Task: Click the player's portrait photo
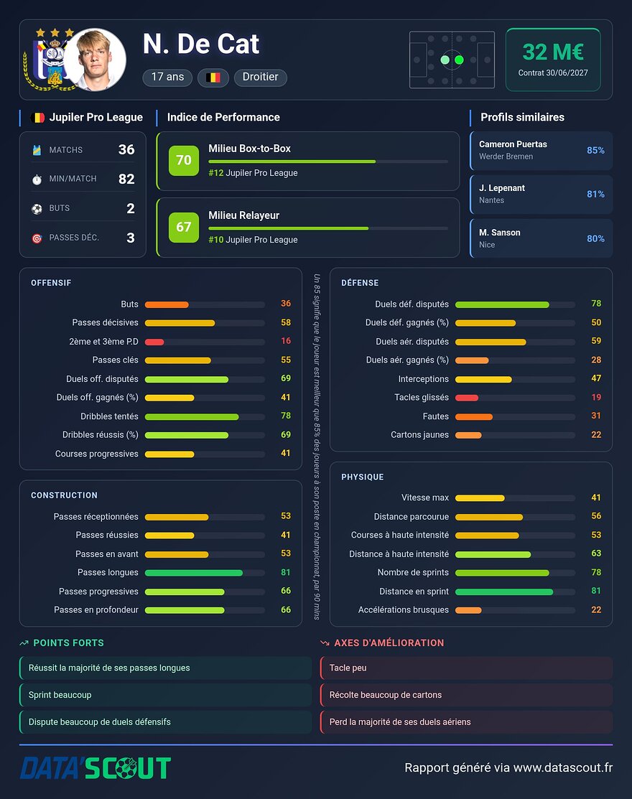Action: click(x=95, y=60)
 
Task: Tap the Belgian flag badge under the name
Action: click(x=213, y=78)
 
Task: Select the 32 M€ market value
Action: click(x=553, y=52)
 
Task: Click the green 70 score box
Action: click(x=183, y=160)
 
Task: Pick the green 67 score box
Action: click(x=183, y=228)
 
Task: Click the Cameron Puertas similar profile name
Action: click(x=513, y=144)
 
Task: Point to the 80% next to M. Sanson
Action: click(x=595, y=238)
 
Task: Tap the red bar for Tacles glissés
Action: click(x=467, y=398)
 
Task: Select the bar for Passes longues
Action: click(x=194, y=573)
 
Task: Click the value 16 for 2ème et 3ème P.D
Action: click(x=286, y=341)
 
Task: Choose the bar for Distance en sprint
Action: click(x=504, y=592)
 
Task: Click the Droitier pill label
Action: click(x=261, y=77)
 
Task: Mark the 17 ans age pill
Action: click(x=167, y=77)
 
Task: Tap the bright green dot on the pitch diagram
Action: click(x=459, y=60)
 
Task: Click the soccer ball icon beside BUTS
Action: click(x=37, y=209)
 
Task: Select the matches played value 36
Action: click(x=126, y=149)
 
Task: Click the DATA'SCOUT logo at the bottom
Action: click(x=96, y=768)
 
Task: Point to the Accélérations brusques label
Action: click(x=403, y=610)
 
